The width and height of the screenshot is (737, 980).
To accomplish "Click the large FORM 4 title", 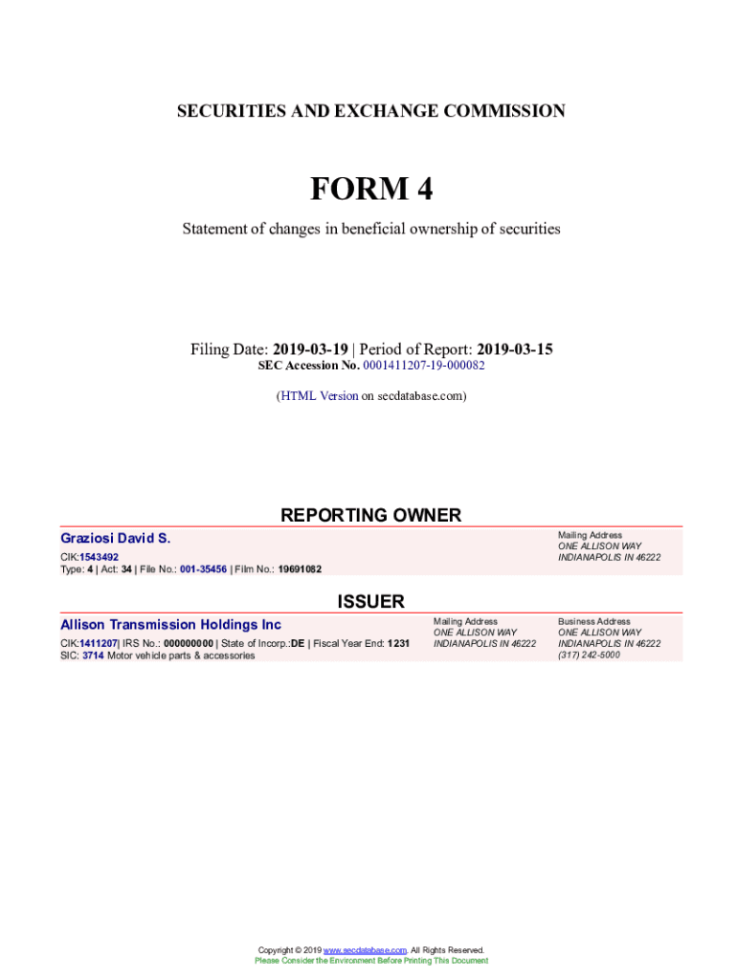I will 370,189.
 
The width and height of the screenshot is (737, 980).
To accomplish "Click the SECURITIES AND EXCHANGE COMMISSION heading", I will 370,111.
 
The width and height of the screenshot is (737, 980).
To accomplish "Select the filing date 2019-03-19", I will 310,349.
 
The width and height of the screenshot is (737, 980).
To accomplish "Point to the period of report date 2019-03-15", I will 515,349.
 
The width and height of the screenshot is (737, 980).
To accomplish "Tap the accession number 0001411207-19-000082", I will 424,366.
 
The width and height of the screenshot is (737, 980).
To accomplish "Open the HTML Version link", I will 319,395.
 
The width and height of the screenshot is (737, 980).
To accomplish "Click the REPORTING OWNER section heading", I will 370,515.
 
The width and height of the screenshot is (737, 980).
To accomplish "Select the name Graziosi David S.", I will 116,539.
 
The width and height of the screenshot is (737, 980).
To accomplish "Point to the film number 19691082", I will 300,568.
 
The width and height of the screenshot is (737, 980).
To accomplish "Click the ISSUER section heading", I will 370,601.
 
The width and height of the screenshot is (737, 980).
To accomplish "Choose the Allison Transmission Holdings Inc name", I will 170,625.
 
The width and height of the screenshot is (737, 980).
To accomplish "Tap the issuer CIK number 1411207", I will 99,643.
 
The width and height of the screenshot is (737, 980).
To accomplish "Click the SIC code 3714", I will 94,656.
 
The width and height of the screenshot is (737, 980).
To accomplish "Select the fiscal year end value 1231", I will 398,643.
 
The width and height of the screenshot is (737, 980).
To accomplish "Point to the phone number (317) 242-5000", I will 589,655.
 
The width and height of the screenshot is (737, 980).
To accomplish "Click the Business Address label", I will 594,621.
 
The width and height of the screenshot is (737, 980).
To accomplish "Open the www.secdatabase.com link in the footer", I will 366,950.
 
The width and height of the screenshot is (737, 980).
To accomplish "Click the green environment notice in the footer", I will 370,961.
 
